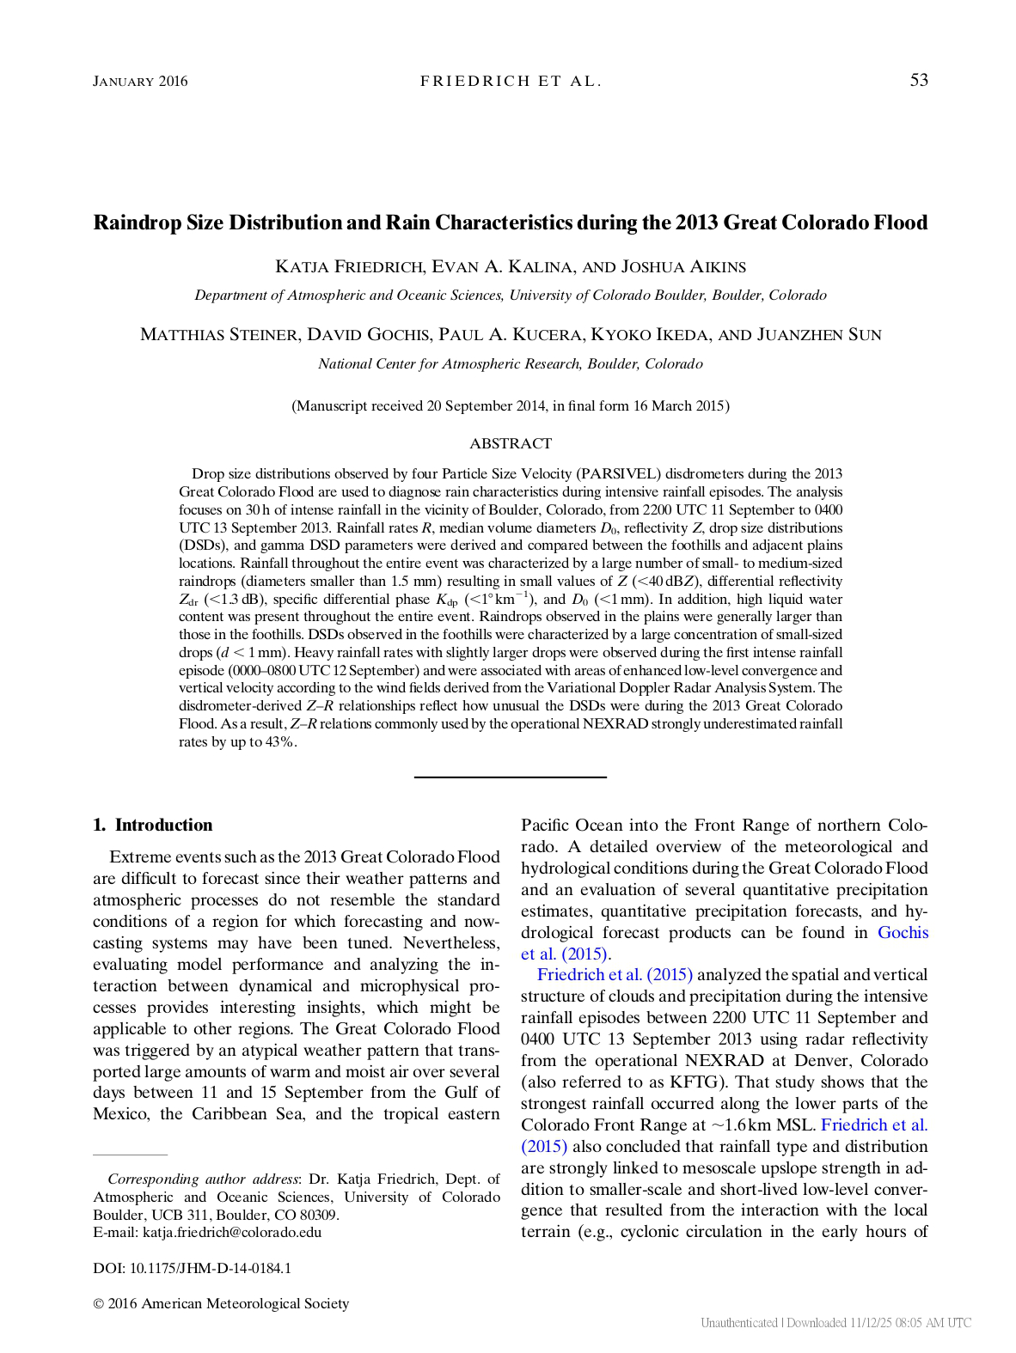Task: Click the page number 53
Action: click(919, 80)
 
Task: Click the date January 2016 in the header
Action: click(140, 82)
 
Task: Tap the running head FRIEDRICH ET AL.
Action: click(511, 82)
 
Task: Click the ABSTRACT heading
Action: click(511, 443)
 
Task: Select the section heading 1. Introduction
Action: click(153, 825)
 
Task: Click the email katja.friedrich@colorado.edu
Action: click(231, 1232)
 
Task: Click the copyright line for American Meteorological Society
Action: click(221, 1303)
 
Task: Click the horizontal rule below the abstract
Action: click(511, 777)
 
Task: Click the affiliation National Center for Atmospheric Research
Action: click(511, 363)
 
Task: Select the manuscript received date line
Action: click(511, 405)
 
